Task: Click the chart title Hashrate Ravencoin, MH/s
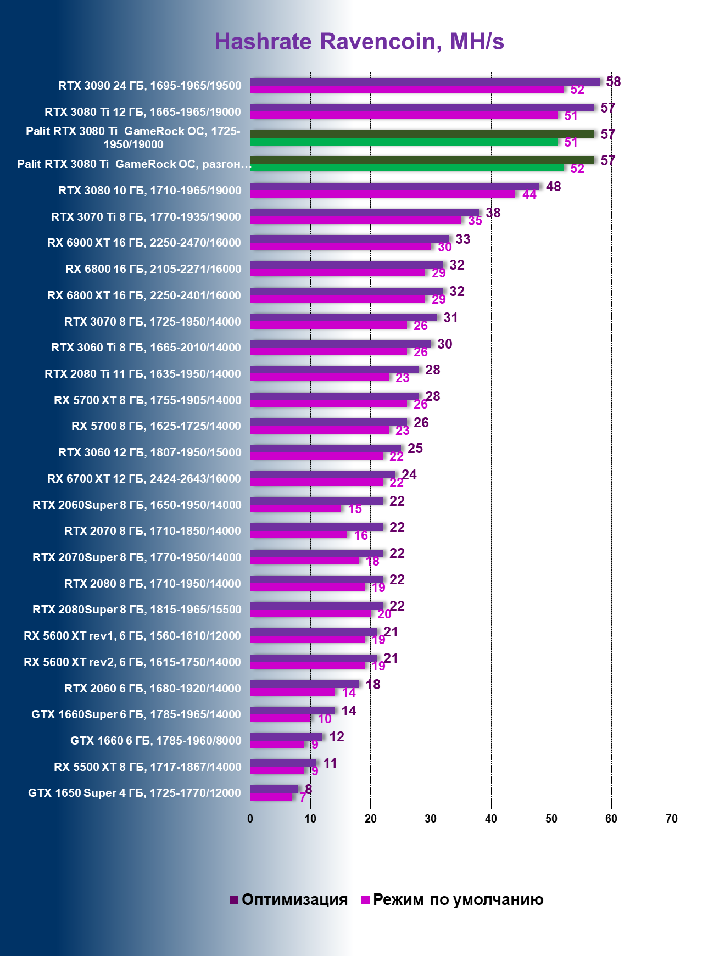click(x=359, y=42)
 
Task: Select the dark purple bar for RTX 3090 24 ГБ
click(x=425, y=82)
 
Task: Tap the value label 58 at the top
click(x=613, y=82)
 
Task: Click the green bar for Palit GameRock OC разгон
click(x=406, y=167)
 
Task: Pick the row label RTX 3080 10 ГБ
click(x=149, y=191)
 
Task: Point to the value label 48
click(x=553, y=187)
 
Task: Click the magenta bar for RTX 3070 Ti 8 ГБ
click(x=355, y=220)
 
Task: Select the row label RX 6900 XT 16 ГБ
click(x=144, y=243)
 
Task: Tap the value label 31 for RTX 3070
click(x=450, y=318)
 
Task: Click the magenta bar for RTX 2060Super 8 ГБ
click(x=296, y=508)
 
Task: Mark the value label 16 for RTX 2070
click(x=361, y=535)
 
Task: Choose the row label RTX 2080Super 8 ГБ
click(x=137, y=610)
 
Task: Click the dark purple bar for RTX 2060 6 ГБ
click(x=304, y=684)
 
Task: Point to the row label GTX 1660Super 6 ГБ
click(x=136, y=714)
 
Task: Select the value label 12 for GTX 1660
click(x=336, y=737)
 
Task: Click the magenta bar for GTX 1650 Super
click(x=271, y=797)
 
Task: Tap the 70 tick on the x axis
click(x=671, y=819)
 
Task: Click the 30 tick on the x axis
click(x=431, y=819)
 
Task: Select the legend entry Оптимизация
click(x=289, y=899)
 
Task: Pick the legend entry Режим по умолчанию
click(x=452, y=899)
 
